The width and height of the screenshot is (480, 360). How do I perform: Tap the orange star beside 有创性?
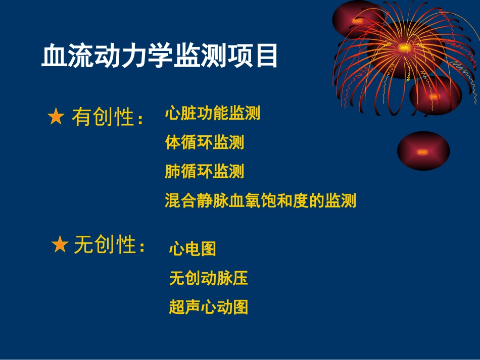tap(56, 118)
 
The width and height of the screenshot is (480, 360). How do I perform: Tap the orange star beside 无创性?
tap(60, 245)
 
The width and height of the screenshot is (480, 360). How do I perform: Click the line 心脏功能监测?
tap(212, 113)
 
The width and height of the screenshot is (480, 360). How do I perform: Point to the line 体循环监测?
tap(204, 142)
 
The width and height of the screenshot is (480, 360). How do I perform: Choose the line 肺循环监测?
tap(204, 172)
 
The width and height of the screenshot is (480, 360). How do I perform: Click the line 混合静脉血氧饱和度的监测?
tap(260, 201)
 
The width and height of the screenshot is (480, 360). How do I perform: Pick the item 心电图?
tap(193, 248)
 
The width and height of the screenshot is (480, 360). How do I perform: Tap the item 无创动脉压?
tap(208, 278)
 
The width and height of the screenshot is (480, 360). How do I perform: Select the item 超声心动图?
tap(208, 307)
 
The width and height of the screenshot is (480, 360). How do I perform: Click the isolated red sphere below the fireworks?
tap(423, 150)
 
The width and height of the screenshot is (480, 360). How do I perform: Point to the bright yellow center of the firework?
tap(404, 48)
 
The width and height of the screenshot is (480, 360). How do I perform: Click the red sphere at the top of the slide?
tap(357, 20)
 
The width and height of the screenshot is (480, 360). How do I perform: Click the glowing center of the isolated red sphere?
tap(422, 151)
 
